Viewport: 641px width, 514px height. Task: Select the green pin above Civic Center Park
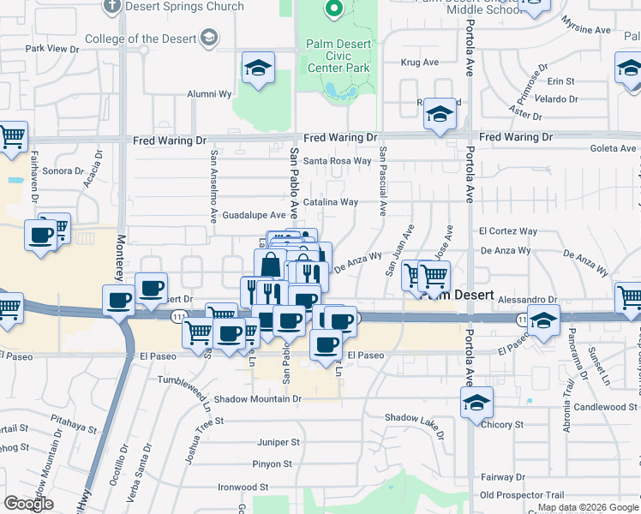[x=335, y=9]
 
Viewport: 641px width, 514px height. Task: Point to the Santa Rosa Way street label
[x=338, y=160]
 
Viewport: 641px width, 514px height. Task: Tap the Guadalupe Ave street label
[x=254, y=216]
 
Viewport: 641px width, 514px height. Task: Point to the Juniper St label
[x=278, y=442]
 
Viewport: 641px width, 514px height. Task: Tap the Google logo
[x=28, y=504]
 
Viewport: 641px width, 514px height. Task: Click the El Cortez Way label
[x=508, y=231]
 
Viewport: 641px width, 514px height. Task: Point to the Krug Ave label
[x=420, y=63]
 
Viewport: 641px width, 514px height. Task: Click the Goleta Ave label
[x=613, y=148]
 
